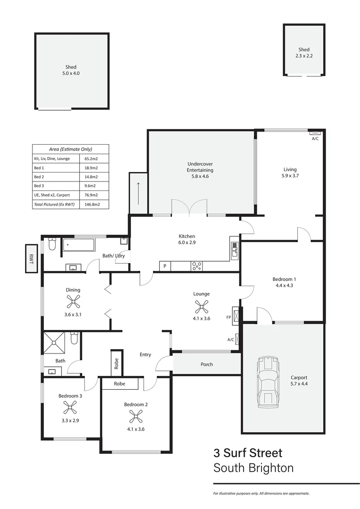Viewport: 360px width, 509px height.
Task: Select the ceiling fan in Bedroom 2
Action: pos(136,416)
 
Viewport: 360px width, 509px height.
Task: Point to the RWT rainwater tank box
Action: pos(32,258)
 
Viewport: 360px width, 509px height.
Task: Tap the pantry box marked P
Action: pos(165,266)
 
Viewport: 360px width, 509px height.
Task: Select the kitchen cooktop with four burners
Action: pos(196,266)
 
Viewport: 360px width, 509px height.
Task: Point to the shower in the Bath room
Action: pos(55,343)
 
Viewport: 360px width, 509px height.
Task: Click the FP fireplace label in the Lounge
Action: pos(229,317)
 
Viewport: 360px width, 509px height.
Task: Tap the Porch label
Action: pos(206,364)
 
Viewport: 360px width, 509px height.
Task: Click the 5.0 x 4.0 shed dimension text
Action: pos(71,74)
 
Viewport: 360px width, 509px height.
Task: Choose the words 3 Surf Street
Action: pos(248,453)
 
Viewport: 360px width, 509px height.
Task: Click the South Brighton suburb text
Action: pos(254,468)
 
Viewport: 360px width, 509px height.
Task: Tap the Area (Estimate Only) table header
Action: pos(71,149)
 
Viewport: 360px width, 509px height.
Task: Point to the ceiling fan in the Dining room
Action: pos(73,302)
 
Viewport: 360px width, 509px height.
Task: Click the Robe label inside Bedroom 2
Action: pos(120,384)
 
